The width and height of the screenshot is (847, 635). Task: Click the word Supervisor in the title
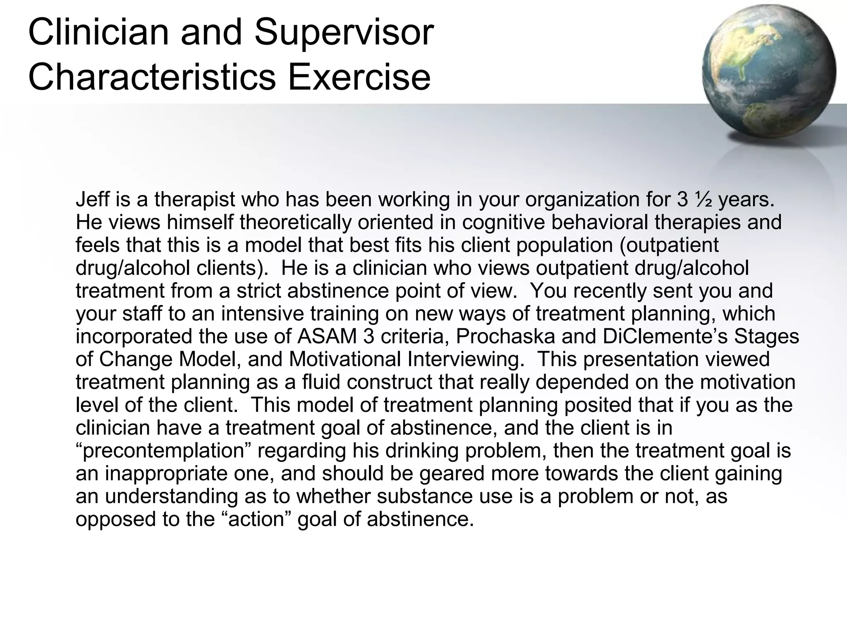click(344, 33)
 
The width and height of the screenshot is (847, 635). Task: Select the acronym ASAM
click(327, 337)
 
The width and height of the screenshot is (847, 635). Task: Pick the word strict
click(259, 291)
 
